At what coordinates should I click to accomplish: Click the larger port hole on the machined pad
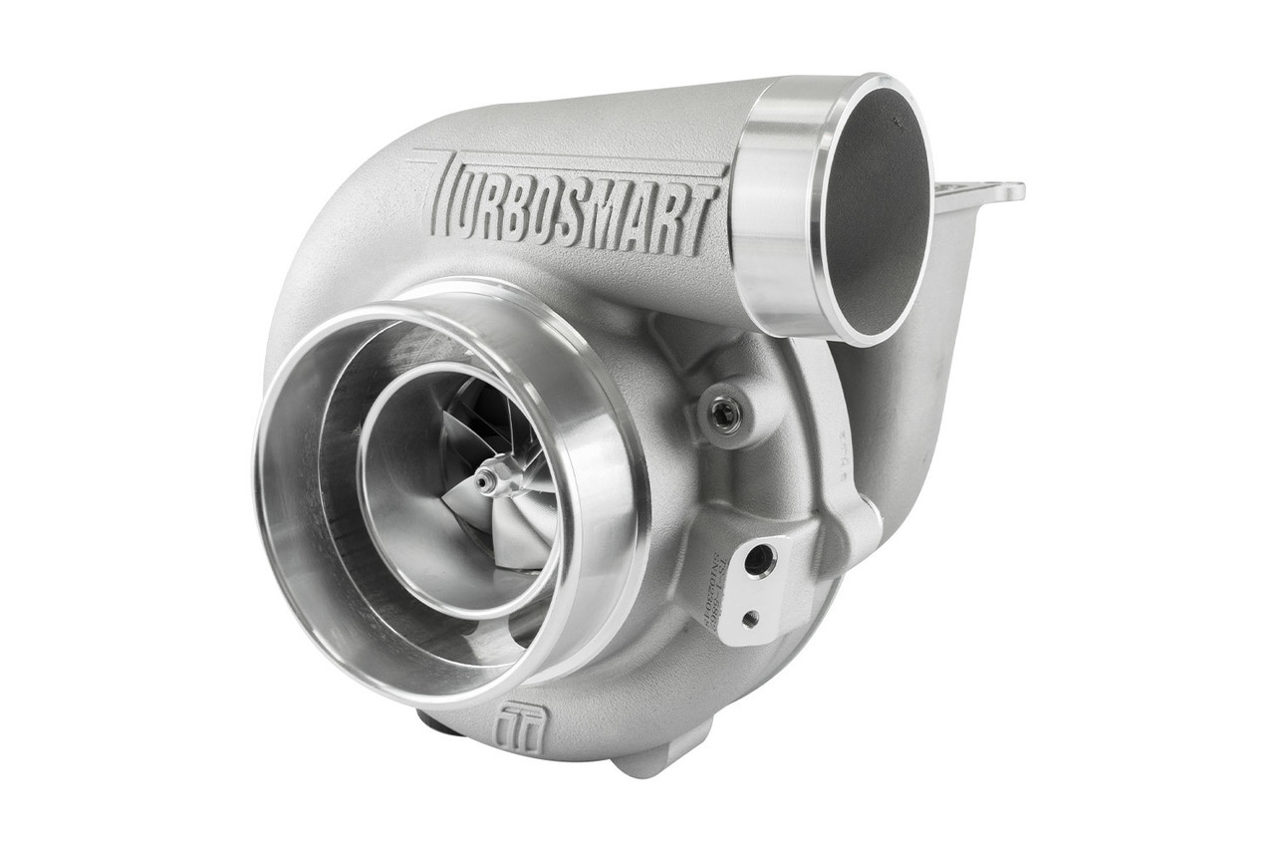(760, 560)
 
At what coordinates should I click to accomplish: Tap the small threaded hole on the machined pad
(750, 618)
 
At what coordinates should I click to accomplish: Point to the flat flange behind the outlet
(981, 192)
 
